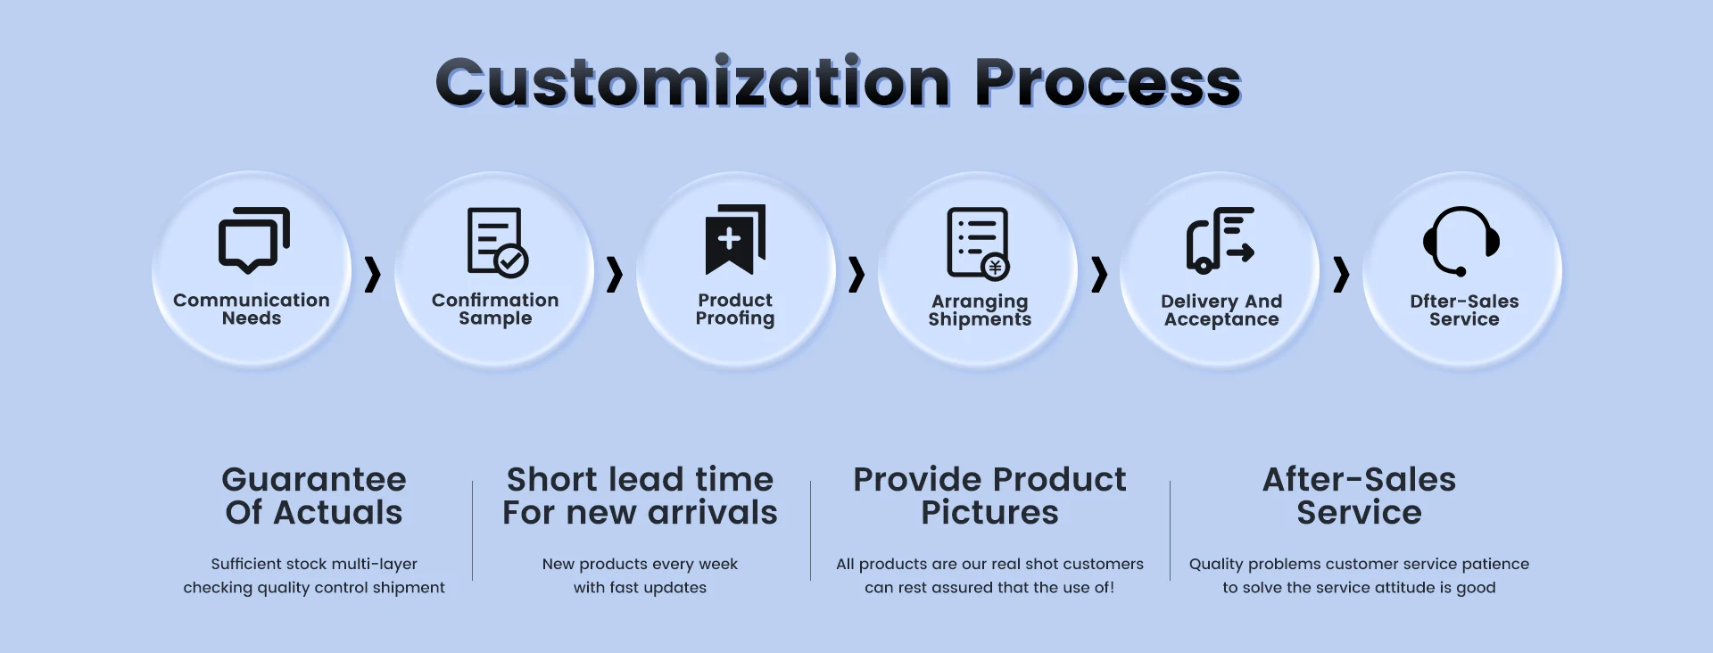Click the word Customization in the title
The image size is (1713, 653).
click(693, 82)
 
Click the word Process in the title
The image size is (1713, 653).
click(1108, 82)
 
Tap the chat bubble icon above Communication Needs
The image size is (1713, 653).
click(254, 240)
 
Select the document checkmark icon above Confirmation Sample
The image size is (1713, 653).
click(498, 242)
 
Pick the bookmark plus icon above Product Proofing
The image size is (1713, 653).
click(735, 240)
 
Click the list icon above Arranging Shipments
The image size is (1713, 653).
click(979, 244)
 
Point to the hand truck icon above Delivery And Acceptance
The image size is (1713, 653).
click(1221, 240)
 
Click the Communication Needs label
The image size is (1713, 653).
click(252, 310)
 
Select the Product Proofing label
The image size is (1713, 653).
click(735, 310)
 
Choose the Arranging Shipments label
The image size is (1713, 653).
click(980, 310)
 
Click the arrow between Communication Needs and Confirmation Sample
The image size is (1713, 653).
click(373, 275)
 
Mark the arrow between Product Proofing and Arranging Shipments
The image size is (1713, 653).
click(856, 275)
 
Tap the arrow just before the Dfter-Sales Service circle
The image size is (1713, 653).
click(1341, 275)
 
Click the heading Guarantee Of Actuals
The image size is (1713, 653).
click(314, 496)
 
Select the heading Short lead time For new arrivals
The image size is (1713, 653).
click(640, 496)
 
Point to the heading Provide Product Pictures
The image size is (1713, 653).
click(989, 496)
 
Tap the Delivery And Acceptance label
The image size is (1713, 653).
click(1221, 310)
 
